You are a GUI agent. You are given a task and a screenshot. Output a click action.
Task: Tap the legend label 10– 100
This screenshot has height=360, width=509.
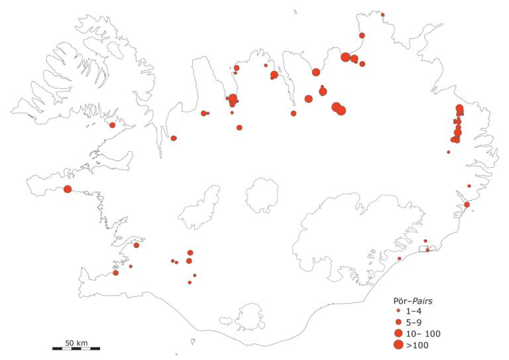(422, 333)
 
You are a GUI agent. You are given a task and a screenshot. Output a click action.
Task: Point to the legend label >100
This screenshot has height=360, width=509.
(417, 345)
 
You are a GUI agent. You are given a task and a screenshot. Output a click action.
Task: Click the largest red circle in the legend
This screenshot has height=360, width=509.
(398, 345)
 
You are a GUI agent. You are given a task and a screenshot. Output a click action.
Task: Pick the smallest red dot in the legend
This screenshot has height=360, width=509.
(398, 310)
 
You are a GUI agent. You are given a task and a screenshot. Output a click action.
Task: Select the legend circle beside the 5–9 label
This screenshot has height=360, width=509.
(398, 322)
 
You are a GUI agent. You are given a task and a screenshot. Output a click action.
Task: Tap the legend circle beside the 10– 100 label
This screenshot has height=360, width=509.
(398, 333)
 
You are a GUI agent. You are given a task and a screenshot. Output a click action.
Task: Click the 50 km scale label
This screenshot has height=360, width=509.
(76, 342)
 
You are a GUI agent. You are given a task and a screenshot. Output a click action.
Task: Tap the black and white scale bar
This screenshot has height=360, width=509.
(76, 348)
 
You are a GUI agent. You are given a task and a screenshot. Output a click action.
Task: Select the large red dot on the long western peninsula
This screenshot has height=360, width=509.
(68, 190)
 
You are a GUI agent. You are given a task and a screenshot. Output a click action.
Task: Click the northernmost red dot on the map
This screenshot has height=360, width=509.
(382, 15)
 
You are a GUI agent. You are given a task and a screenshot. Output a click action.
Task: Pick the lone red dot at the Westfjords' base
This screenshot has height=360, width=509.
(112, 125)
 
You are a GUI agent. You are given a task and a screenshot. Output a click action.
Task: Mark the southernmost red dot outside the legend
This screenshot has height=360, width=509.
(190, 282)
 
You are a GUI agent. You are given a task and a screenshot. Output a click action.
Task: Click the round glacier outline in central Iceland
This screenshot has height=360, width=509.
(262, 195)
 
